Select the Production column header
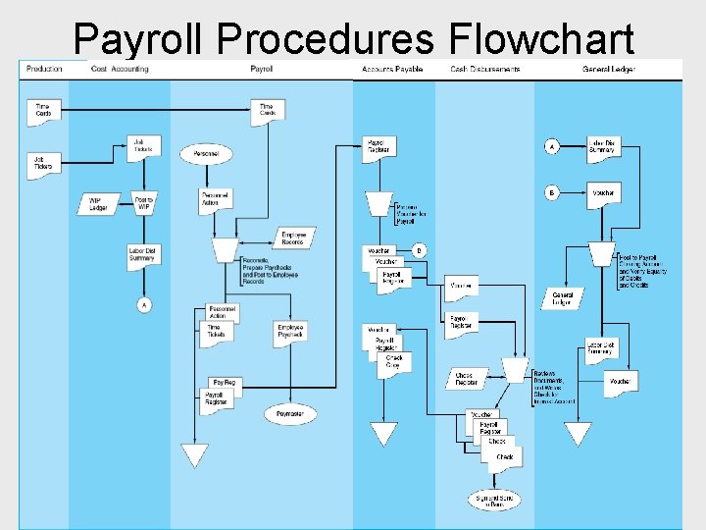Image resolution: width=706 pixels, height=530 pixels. tap(44, 69)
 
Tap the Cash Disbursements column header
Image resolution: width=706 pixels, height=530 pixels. tap(485, 69)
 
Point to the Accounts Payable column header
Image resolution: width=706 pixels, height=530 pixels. tap(392, 69)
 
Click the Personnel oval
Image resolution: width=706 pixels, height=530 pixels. tap(206, 153)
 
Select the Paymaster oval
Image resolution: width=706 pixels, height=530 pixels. tap(290, 413)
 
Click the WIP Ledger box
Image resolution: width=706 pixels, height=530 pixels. tap(98, 203)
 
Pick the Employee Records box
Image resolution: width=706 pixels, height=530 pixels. tap(293, 237)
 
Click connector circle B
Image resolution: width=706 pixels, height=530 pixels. tap(552, 193)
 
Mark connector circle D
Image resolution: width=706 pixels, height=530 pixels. tap(420, 250)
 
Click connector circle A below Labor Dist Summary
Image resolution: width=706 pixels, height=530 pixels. tap(145, 305)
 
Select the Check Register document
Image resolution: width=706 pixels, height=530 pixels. tap(465, 379)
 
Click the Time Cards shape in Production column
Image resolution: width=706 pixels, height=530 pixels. tap(43, 110)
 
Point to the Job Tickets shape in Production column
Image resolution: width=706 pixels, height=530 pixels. tap(43, 162)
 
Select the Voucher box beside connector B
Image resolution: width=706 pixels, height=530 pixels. tap(603, 193)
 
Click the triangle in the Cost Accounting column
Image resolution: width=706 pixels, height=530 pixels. tap(195, 454)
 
